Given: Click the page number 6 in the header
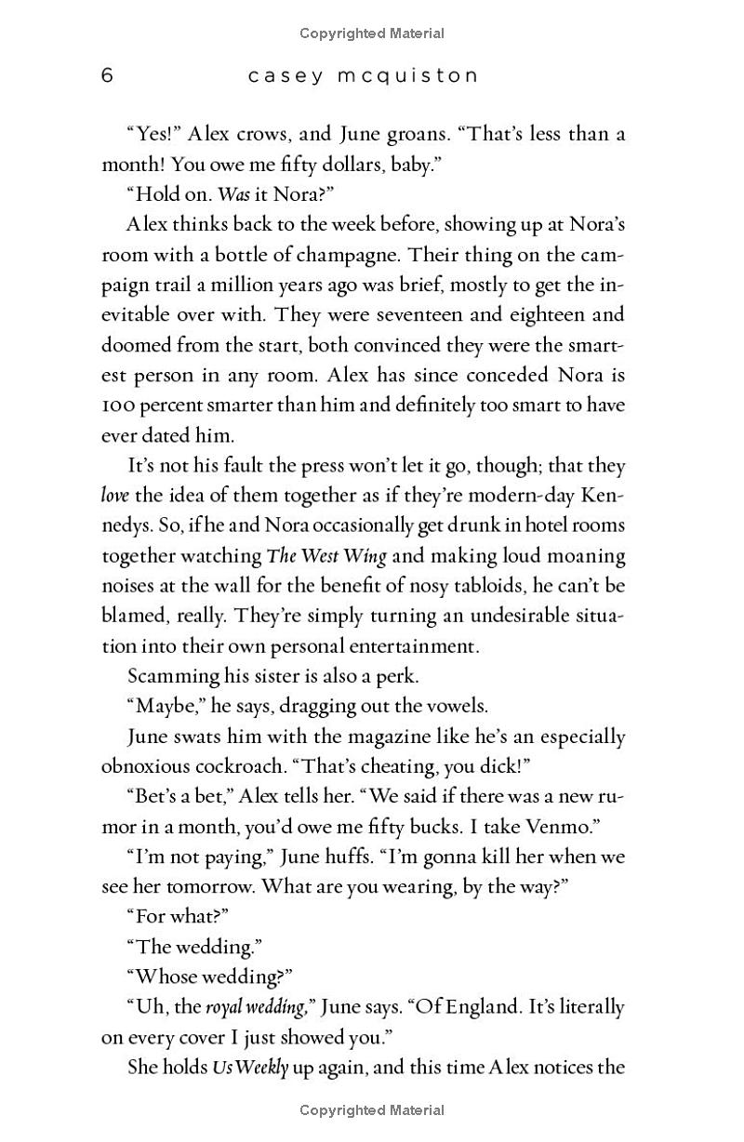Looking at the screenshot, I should click(x=107, y=75).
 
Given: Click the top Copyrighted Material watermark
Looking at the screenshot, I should click(x=372, y=33).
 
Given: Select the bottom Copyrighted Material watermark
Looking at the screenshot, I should click(x=372, y=1110).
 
